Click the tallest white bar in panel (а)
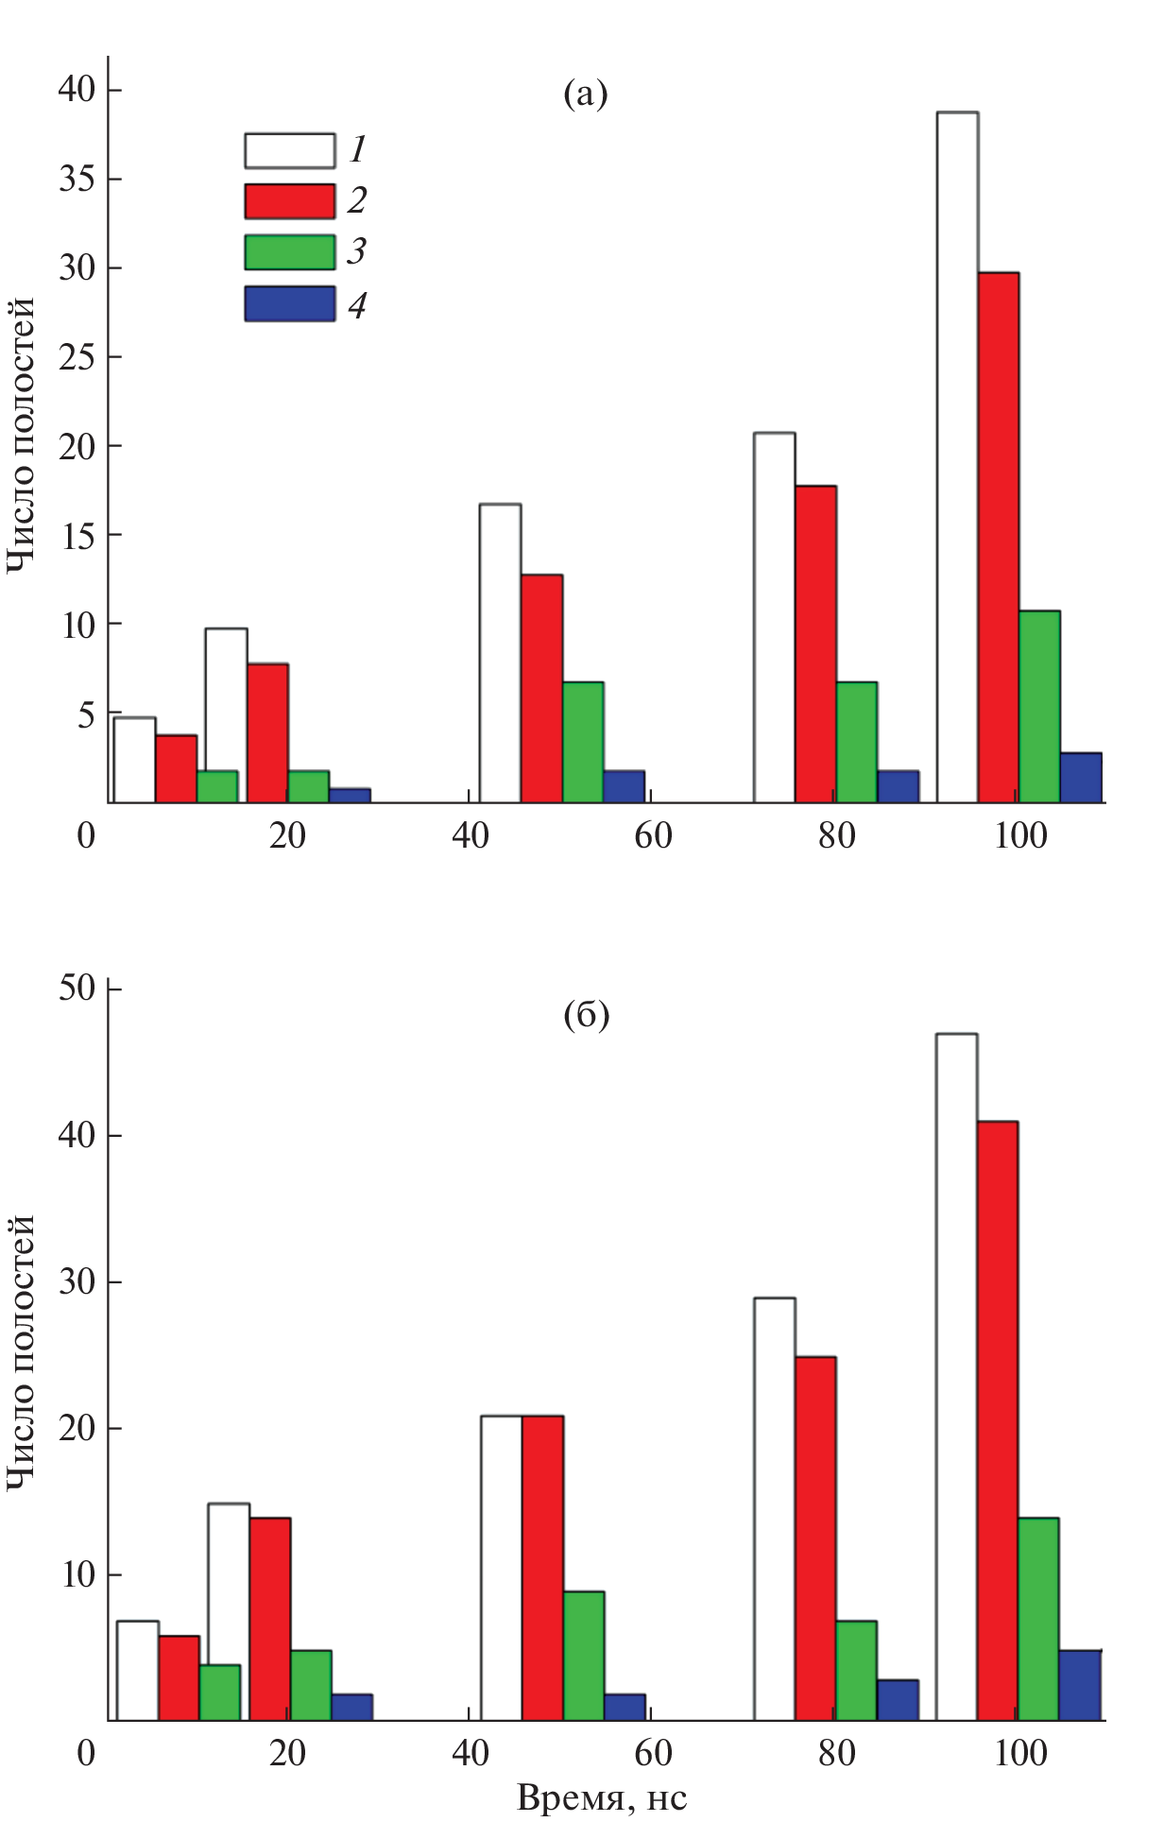957,457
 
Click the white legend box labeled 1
289,150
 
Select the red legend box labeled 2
289,201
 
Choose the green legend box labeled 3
289,252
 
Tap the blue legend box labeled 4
289,304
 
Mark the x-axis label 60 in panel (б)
653,1754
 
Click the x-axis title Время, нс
602,1797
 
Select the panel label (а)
586,94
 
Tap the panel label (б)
586,1016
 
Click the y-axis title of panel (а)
21,435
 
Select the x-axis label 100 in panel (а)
1020,836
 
